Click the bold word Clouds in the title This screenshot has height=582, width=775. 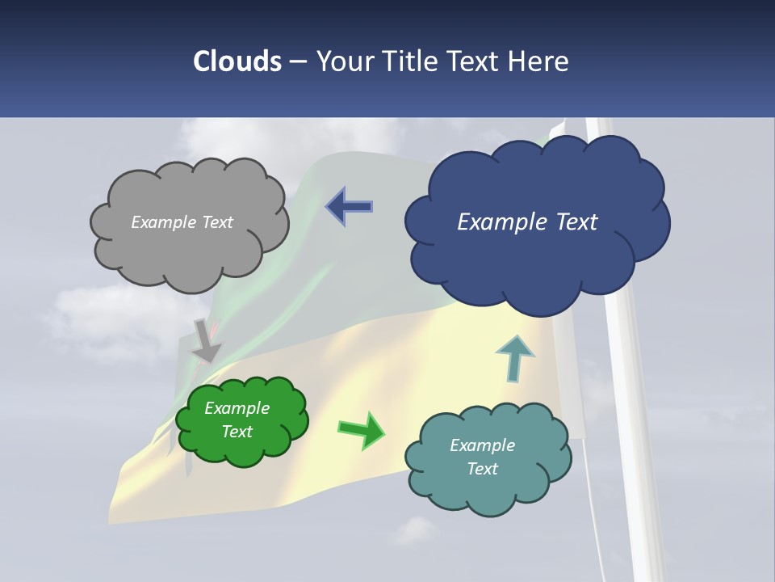point(237,61)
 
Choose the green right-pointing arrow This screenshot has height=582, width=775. point(362,429)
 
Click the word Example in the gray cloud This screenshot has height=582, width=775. point(162,222)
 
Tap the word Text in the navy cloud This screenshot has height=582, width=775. point(571,221)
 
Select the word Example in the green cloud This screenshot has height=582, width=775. point(237,408)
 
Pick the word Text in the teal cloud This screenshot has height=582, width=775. point(482,469)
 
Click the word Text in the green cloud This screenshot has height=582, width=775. point(237,432)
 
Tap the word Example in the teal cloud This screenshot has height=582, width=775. point(482,445)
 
